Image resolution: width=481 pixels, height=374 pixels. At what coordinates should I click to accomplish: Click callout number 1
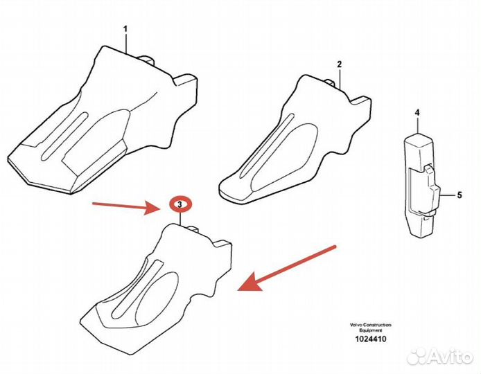coord(125,29)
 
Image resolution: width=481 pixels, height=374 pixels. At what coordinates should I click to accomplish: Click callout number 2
coord(339,64)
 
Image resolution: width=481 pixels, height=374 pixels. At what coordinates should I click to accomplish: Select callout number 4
coord(417,113)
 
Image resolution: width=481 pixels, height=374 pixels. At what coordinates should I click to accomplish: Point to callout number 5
coord(460,195)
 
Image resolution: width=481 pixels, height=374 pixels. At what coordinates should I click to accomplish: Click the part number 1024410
coord(371,339)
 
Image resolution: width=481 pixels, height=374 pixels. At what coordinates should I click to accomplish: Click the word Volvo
coord(356,325)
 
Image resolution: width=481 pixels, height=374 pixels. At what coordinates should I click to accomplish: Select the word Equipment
coord(371,330)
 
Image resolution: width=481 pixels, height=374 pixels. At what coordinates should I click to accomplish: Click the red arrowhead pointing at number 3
coord(152,208)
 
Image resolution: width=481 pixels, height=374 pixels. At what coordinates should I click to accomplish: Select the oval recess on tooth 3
coord(157,296)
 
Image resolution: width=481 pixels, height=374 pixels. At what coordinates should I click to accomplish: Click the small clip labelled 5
coord(432,190)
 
